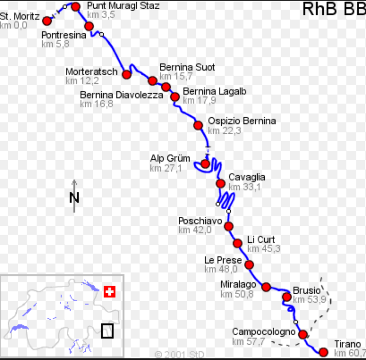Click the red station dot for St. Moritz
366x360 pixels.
click(x=47, y=21)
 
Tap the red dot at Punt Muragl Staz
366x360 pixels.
click(x=76, y=7)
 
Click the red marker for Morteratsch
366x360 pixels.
click(x=127, y=74)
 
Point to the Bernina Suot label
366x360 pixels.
click(x=187, y=67)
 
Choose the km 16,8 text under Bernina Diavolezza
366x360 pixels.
click(x=97, y=104)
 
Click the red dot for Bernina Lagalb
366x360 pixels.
click(x=175, y=96)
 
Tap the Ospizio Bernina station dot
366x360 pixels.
click(x=198, y=125)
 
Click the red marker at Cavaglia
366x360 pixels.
click(x=220, y=183)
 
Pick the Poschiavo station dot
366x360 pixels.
click(x=229, y=226)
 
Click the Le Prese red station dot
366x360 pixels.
click(x=249, y=265)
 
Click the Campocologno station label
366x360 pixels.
click(x=263, y=332)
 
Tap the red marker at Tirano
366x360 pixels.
click(x=323, y=351)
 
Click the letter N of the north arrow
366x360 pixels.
click(x=74, y=198)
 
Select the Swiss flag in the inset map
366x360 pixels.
click(x=109, y=291)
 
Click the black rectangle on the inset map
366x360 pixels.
click(x=107, y=331)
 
